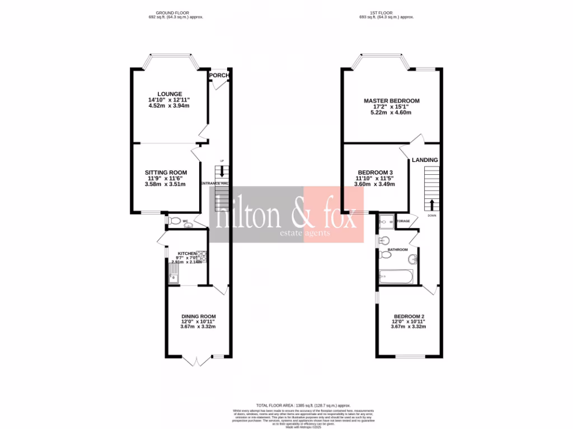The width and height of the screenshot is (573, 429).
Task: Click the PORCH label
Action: coord(220,75)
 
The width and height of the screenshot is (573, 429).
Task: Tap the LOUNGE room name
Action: coord(169,94)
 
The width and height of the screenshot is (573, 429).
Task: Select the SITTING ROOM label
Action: coord(166,172)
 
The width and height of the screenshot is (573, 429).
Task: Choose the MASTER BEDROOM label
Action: coord(391,101)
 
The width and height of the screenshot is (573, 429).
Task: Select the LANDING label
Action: coord(425,160)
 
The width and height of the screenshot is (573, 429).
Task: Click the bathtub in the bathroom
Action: coord(396,276)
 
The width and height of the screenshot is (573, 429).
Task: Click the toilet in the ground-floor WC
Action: coord(174,221)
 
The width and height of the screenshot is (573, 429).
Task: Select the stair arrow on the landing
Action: coord(432,203)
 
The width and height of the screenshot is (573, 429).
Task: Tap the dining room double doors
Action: coord(198,361)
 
